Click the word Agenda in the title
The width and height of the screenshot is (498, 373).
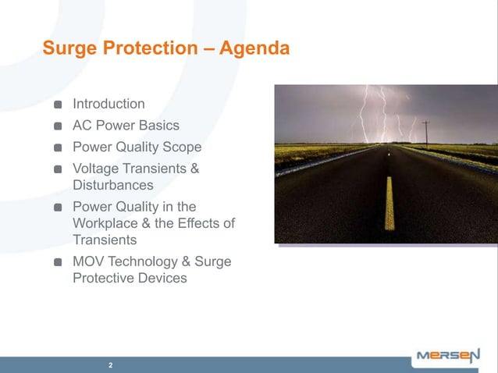point(254,49)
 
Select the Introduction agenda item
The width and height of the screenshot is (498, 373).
point(108,104)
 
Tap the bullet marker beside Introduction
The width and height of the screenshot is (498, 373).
point(59,105)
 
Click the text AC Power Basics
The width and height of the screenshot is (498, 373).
point(126,126)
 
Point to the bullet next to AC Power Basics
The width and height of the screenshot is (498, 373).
point(59,126)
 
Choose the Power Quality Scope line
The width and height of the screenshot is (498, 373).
point(137,147)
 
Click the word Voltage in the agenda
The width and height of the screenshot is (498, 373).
point(97,169)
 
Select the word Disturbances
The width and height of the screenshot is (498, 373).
point(112,186)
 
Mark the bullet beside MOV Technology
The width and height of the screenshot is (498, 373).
point(59,262)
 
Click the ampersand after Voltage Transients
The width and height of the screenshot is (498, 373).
point(194,169)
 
